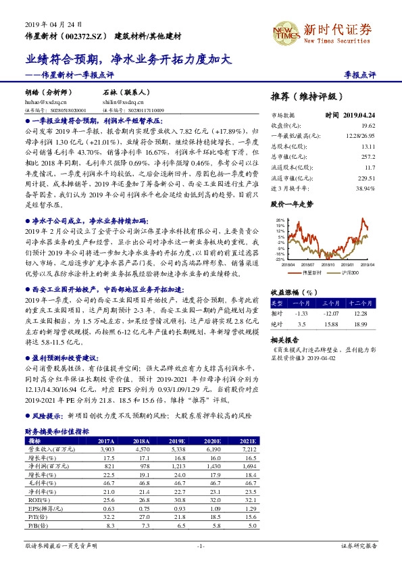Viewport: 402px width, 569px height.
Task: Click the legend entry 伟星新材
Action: click(x=310, y=272)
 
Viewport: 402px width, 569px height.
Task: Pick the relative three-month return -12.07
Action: click(x=330, y=314)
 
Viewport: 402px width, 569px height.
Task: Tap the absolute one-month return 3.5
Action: click(x=302, y=324)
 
